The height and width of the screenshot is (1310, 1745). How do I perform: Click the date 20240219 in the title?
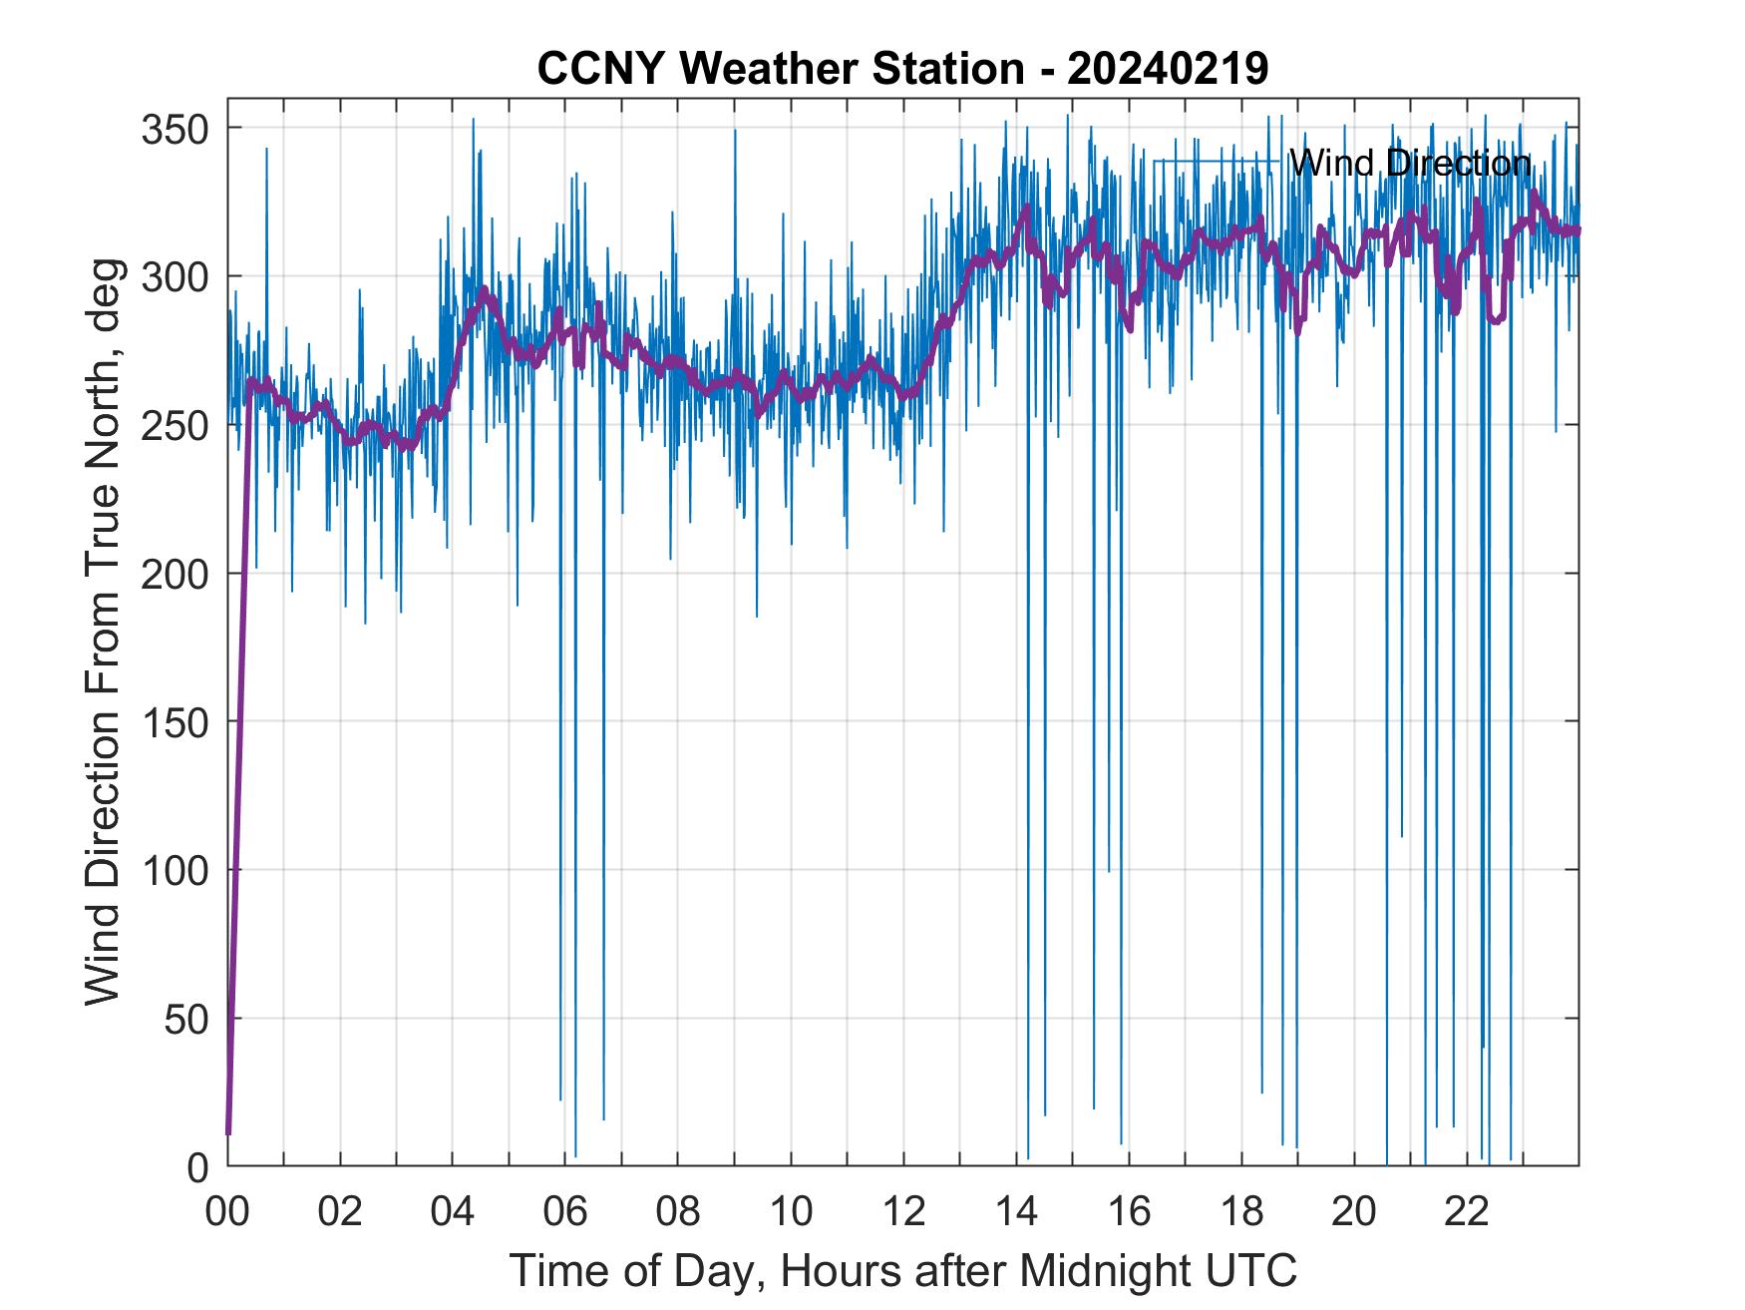coord(1168,69)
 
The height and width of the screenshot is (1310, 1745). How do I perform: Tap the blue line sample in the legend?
coord(1216,162)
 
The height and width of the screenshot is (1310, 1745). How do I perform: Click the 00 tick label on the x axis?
coord(228,1212)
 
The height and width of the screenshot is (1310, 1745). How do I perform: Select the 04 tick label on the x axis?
coord(453,1212)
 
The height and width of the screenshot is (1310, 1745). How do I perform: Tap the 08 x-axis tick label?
coord(678,1212)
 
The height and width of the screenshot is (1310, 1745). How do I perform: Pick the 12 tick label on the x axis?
coord(903,1212)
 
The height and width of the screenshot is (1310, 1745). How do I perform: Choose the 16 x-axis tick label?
coord(1129,1212)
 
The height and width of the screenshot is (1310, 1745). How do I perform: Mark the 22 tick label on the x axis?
coord(1467,1212)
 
